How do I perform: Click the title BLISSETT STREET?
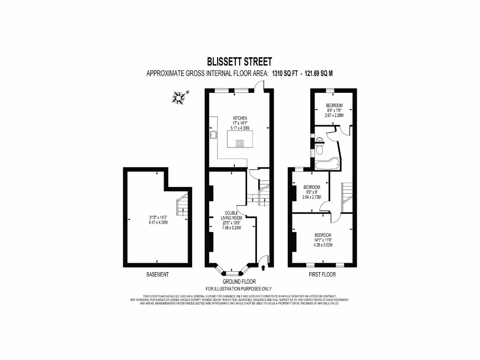(240, 61)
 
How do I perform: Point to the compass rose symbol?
(178, 97)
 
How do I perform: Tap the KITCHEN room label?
(240, 118)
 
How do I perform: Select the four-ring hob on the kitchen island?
(240, 143)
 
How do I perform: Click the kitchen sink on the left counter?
(213, 135)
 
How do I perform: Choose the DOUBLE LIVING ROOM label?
(232, 215)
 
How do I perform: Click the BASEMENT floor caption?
(157, 274)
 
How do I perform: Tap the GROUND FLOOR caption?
(239, 282)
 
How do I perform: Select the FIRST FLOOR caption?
(322, 274)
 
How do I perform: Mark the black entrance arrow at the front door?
(262, 268)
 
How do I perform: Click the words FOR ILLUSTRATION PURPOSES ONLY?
(239, 289)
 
